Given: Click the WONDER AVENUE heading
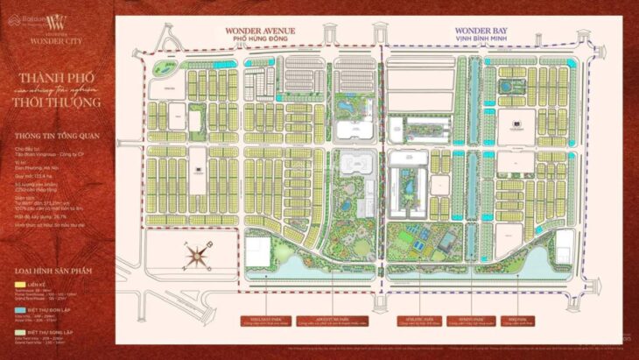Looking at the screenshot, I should [x=261, y=30].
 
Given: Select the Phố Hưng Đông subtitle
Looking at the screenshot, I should [x=261, y=39].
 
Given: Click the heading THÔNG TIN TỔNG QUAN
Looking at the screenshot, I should [x=58, y=137].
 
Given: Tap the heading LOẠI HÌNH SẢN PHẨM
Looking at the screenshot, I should [x=56, y=271].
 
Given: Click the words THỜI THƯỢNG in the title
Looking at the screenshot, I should [x=58, y=103].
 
